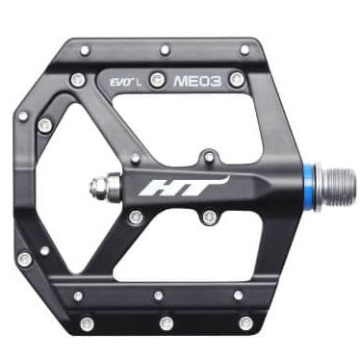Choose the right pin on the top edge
(244, 49)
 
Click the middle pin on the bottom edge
(167, 321)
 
